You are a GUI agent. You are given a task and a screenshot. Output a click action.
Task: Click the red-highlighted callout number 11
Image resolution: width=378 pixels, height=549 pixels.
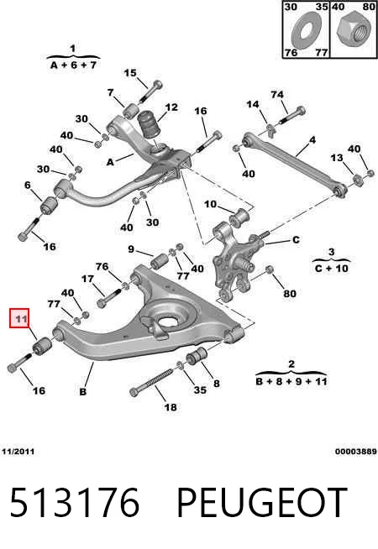pyautogui.click(x=19, y=319)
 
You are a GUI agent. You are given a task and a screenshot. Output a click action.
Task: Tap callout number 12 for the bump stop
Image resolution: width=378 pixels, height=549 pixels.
pyautogui.click(x=171, y=107)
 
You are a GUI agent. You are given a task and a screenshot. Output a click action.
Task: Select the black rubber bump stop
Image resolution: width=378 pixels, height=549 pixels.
pyautogui.click(x=149, y=125)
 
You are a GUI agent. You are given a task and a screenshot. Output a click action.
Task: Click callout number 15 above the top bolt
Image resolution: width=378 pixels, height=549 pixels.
pyautogui.click(x=129, y=73)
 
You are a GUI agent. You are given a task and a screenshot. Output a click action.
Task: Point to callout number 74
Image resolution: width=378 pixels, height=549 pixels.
pyautogui.click(x=276, y=95)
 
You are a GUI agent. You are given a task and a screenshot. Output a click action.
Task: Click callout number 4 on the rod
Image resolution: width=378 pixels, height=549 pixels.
pyautogui.click(x=312, y=140)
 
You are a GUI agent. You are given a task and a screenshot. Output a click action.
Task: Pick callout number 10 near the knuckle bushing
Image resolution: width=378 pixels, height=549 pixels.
pyautogui.click(x=210, y=204)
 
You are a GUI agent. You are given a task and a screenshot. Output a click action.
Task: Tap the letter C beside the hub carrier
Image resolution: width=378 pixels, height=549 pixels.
pyautogui.click(x=296, y=240)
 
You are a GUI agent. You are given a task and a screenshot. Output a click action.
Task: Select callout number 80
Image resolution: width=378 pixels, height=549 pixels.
pyautogui.click(x=290, y=294)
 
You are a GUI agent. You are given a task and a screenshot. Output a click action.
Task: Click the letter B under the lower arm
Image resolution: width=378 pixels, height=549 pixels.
pyautogui.click(x=82, y=391)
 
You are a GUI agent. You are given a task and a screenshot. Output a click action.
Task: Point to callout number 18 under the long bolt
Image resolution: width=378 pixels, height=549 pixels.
pyautogui.click(x=171, y=407)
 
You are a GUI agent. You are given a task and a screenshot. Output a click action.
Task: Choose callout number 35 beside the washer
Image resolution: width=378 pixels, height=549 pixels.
pyautogui.click(x=200, y=390)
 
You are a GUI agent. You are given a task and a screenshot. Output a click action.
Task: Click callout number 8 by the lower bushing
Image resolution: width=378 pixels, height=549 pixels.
pyautogui.click(x=217, y=384)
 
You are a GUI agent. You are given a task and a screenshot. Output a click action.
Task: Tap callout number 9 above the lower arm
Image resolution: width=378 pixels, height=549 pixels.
pyautogui.click(x=131, y=249)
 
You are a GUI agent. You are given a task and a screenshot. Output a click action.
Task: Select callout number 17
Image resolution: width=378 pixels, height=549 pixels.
pyautogui.click(x=87, y=279)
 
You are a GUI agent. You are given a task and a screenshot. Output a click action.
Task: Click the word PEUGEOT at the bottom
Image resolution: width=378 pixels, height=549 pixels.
pyautogui.click(x=262, y=503)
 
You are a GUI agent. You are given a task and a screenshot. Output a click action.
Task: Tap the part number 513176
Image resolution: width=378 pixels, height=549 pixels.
pyautogui.click(x=74, y=503)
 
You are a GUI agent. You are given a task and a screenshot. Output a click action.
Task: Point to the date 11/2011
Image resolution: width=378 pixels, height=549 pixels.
pyautogui.click(x=18, y=452)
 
